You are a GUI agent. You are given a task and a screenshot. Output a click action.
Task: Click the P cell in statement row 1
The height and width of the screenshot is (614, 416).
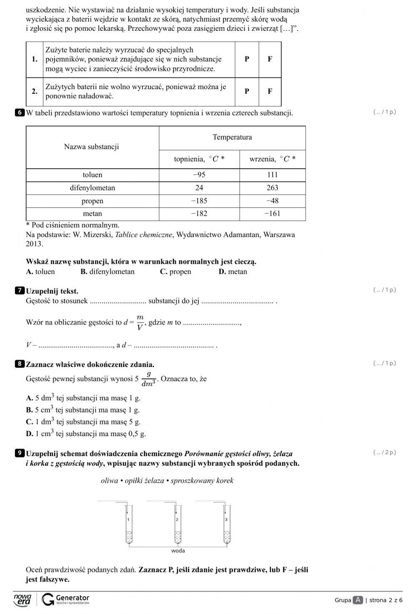coord(247,59)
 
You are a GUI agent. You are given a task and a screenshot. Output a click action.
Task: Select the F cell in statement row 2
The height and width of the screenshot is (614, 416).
coord(270,91)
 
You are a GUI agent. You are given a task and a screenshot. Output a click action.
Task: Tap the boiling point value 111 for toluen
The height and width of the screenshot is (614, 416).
coord(272,175)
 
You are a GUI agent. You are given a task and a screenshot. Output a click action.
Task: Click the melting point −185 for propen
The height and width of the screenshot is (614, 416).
coord(199,201)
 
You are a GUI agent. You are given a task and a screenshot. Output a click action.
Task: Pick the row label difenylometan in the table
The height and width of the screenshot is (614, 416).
coord(92,188)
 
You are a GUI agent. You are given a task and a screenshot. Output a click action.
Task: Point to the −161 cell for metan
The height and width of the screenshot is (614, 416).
coord(272,214)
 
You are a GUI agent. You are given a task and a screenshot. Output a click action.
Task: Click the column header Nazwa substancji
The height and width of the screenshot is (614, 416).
coord(92,147)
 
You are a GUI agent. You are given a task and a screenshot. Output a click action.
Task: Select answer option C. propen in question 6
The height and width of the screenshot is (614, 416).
coord(176,272)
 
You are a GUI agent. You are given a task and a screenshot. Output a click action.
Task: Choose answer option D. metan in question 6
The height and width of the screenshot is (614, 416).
coord(233,272)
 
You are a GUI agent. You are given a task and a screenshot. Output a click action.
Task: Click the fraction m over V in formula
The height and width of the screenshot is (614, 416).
coord(140,322)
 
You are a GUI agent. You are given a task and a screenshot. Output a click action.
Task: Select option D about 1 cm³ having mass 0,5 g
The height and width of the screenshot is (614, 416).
coord(86,434)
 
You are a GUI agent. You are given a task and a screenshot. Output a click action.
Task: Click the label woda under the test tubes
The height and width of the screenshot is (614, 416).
coord(178,551)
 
